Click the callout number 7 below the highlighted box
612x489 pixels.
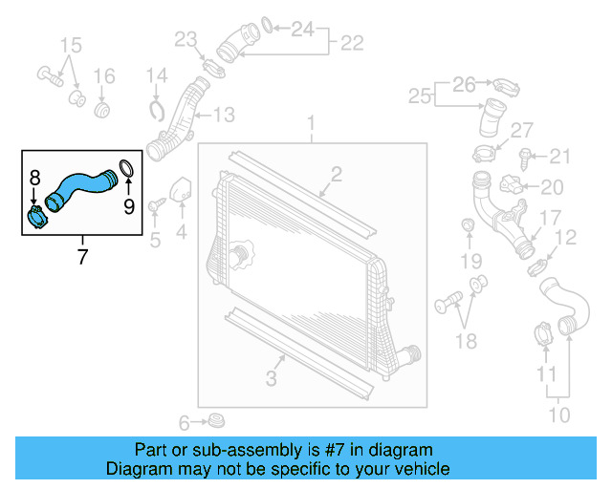[x=81, y=256]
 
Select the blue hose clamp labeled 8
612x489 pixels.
[x=37, y=217]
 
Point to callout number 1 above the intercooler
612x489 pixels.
[x=311, y=123]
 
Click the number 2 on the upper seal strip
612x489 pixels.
[x=336, y=173]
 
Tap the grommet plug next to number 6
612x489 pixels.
[x=217, y=420]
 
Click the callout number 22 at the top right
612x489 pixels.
[x=352, y=43]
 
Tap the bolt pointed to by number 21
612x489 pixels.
[x=525, y=156]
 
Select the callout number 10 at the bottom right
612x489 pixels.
[x=558, y=415]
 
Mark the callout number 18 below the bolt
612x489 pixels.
[x=466, y=341]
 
